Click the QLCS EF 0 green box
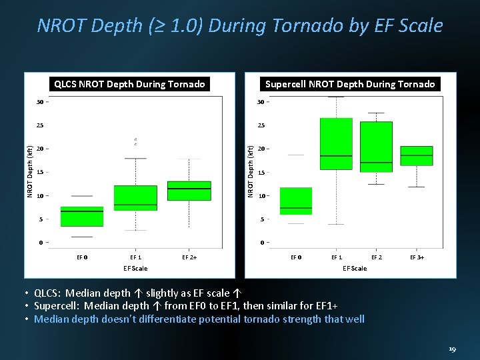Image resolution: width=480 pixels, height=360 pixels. pyautogui.click(x=82, y=217)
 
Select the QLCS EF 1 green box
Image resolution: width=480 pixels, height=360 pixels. pyautogui.click(x=135, y=198)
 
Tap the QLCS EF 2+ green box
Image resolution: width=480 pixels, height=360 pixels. pyautogui.click(x=189, y=191)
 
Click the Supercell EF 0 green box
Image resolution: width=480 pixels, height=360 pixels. pyautogui.click(x=296, y=201)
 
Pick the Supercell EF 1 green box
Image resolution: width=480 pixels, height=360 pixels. pyautogui.click(x=336, y=144)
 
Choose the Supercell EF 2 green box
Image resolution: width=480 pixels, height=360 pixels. pyautogui.click(x=376, y=147)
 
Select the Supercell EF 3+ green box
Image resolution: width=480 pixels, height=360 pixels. pyautogui.click(x=417, y=155)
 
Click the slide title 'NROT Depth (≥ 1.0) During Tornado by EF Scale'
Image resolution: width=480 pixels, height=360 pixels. pyautogui.click(x=240, y=25)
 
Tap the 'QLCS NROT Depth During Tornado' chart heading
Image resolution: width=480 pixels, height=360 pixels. pyautogui.click(x=129, y=84)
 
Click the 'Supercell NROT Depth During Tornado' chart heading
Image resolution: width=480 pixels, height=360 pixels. pyautogui.click(x=350, y=84)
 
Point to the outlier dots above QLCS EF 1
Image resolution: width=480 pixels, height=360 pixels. pyautogui.click(x=135, y=141)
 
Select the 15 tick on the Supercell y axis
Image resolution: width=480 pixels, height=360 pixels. pyautogui.click(x=262, y=173)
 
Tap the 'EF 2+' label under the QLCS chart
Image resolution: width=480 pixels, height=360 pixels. pyautogui.click(x=189, y=256)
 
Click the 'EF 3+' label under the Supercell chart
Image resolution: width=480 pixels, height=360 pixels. pyautogui.click(x=417, y=256)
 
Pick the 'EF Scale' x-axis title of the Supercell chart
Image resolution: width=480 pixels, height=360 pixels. pyautogui.click(x=354, y=268)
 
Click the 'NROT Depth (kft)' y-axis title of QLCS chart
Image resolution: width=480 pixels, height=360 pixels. pyautogui.click(x=30, y=171)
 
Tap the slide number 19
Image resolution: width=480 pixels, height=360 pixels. pyautogui.click(x=452, y=349)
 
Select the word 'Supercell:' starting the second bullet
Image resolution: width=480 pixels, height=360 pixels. pyautogui.click(x=56, y=306)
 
